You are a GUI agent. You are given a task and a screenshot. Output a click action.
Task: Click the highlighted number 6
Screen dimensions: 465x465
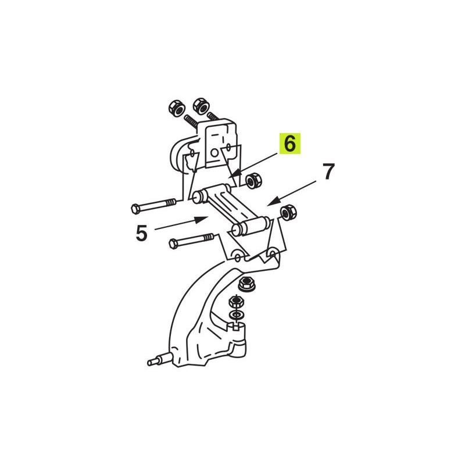tap(289, 144)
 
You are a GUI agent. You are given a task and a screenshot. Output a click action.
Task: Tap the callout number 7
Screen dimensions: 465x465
tap(328, 171)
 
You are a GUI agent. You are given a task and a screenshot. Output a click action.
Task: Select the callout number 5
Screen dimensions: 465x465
tap(141, 233)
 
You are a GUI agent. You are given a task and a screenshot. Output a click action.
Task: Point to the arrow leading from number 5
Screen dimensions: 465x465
tap(181, 223)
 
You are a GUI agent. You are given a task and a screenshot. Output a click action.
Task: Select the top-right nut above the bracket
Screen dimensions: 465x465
tap(202, 105)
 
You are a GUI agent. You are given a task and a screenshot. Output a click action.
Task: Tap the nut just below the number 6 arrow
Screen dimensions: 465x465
tap(253, 180)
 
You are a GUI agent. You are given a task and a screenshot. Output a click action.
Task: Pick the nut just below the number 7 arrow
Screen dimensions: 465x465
tap(288, 212)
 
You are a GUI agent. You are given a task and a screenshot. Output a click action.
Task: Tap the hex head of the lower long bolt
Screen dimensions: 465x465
tap(173, 244)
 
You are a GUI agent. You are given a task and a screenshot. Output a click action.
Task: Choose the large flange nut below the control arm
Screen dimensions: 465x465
tap(246, 284)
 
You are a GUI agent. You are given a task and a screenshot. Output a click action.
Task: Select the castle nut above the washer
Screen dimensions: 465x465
tap(236, 302)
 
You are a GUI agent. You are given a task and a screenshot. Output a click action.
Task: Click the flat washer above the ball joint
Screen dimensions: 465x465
tap(236, 315)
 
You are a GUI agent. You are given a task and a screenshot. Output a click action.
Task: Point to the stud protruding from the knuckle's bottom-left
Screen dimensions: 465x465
tap(158, 360)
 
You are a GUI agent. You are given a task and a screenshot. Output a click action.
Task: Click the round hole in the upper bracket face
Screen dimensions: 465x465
tap(214, 153)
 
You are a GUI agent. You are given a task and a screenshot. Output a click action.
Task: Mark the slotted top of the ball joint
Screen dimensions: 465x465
tap(236, 326)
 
